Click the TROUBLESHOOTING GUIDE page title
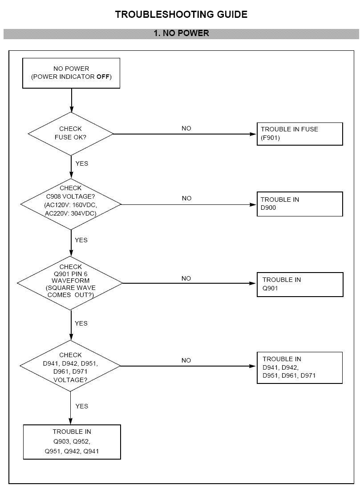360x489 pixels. click(181, 14)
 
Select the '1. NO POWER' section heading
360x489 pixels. click(181, 33)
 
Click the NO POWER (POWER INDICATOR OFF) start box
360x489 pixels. click(71, 73)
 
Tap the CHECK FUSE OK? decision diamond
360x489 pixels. click(71, 134)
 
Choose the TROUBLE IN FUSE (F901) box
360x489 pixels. click(299, 134)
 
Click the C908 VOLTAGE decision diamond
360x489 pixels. click(71, 204)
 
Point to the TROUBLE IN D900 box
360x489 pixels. click(299, 204)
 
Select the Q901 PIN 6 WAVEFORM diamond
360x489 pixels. click(70, 283)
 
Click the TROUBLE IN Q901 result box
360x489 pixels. click(300, 285)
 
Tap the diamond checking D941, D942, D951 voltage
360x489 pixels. click(70, 366)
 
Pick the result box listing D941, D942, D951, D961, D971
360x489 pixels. click(299, 368)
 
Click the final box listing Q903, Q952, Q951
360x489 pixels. click(72, 442)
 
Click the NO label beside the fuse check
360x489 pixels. click(186, 128)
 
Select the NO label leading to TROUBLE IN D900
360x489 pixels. click(187, 198)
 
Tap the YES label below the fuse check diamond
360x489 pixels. click(82, 163)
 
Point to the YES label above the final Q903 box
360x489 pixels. click(82, 406)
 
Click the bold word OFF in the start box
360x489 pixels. click(103, 77)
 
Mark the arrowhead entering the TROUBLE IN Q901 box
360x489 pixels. click(253, 283)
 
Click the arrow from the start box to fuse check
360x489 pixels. click(71, 100)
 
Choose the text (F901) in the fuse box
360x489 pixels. click(270, 138)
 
